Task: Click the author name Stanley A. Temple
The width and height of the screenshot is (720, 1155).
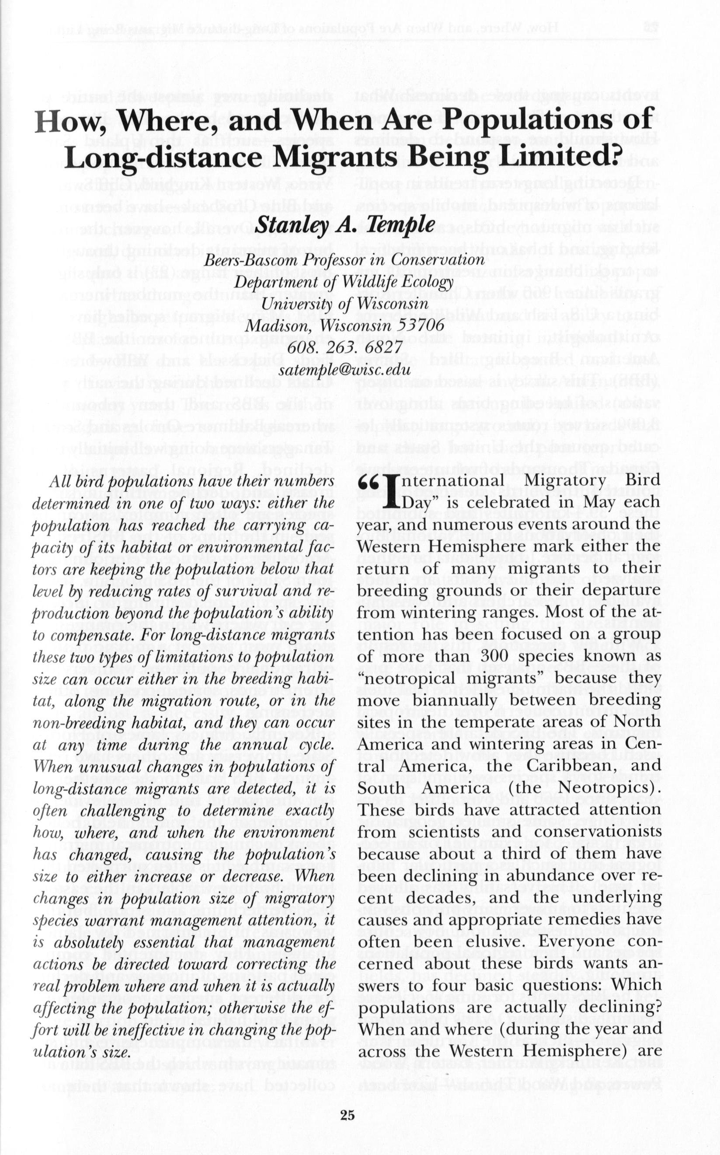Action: pyautogui.click(x=345, y=224)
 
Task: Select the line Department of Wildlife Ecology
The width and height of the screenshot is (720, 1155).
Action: pyautogui.click(x=344, y=282)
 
